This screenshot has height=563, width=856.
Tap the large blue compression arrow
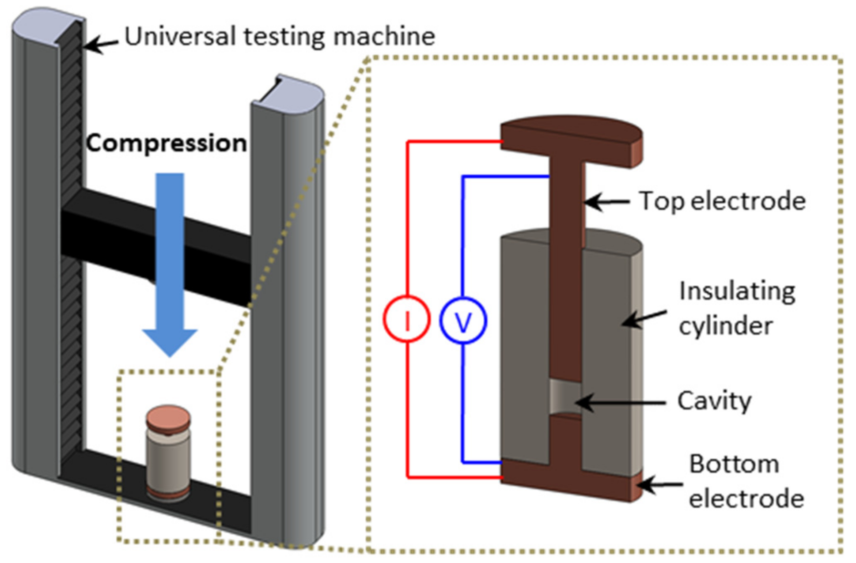[x=170, y=265]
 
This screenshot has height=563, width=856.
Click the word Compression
[x=166, y=143]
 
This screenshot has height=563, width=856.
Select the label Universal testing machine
[x=280, y=36]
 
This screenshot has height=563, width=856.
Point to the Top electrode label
[x=722, y=201]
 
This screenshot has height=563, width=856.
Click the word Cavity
[x=714, y=401]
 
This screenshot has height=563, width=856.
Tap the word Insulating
[x=737, y=291]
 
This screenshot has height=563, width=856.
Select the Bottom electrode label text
[x=746, y=481]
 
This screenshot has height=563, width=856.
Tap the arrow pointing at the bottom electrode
[x=660, y=485]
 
